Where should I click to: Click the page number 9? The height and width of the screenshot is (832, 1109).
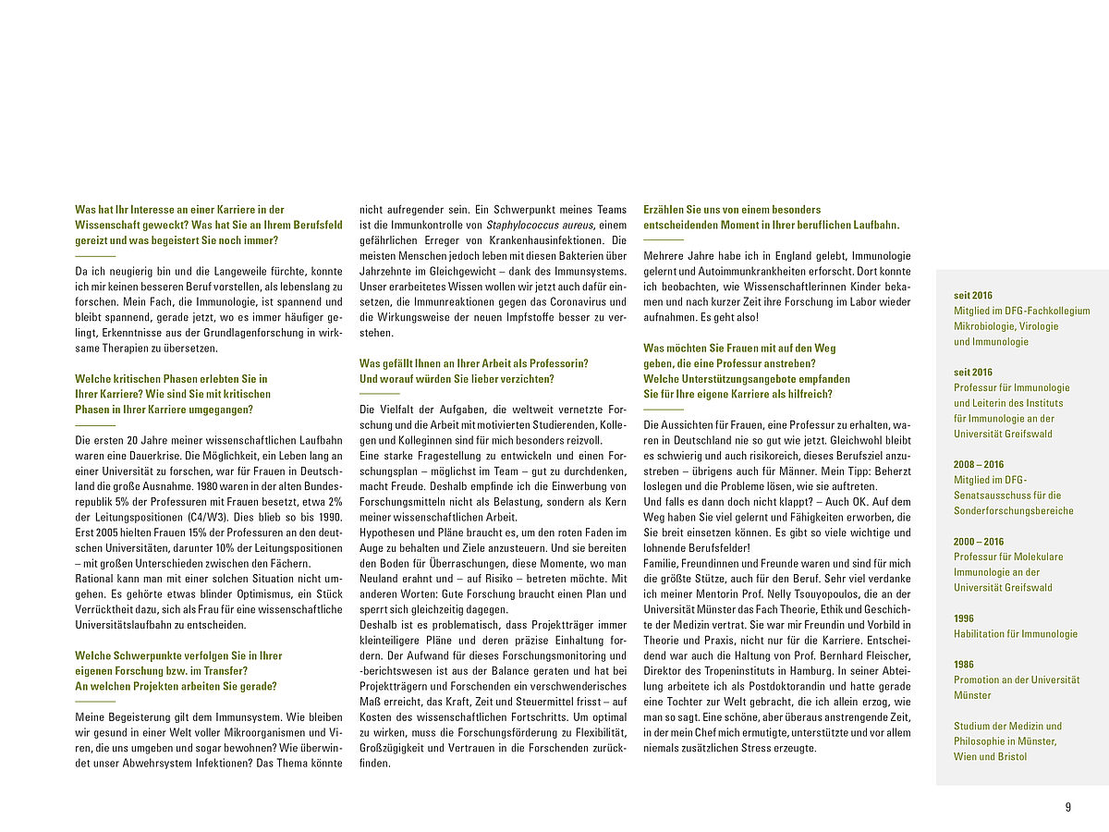pos(1068,807)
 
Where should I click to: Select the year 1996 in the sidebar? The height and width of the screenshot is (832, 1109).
pos(964,618)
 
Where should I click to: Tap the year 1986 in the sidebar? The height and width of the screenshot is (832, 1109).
pos(964,665)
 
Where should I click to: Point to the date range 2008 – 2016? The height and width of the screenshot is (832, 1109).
pos(979,465)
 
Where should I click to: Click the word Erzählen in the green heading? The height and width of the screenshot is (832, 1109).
pos(663,210)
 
